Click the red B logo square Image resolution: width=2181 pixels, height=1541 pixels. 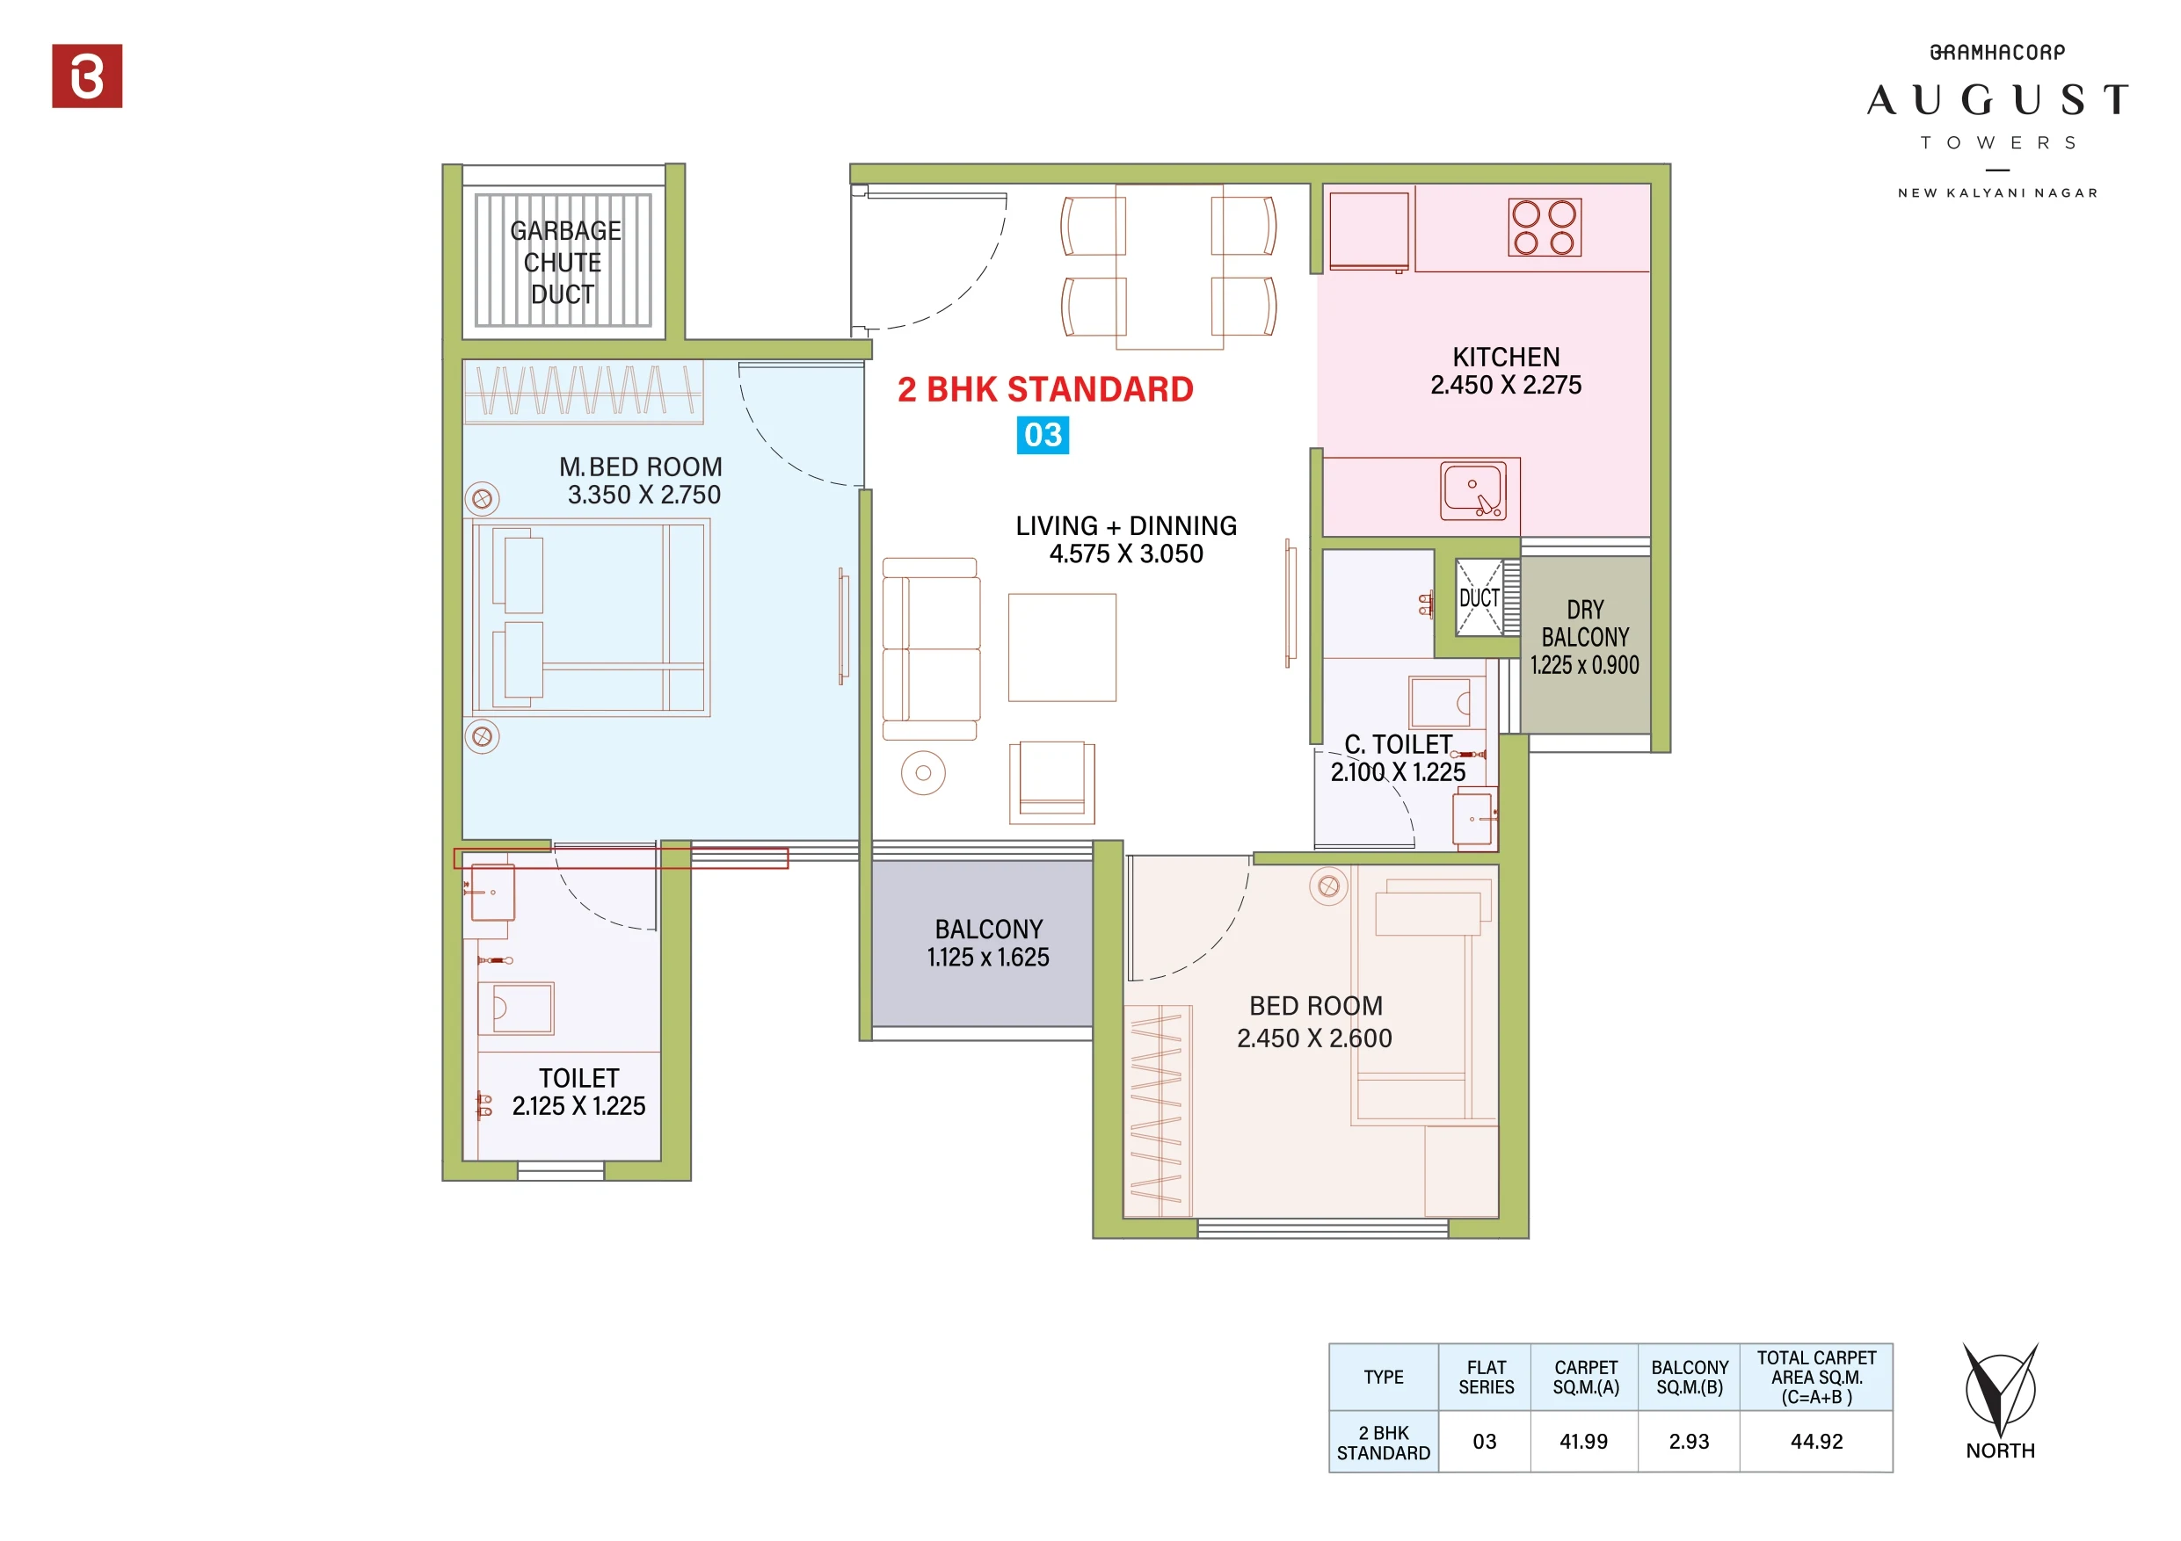(86, 76)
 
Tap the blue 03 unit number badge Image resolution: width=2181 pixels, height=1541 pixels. (1042, 435)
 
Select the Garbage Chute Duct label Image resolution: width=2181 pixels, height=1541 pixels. (564, 262)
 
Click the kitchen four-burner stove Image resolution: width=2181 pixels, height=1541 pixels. (1544, 228)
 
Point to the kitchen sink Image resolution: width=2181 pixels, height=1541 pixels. (1472, 491)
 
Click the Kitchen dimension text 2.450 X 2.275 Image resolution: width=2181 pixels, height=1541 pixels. (1506, 386)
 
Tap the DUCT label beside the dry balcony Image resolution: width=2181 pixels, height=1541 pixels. (1479, 598)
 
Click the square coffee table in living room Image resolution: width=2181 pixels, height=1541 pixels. (1062, 648)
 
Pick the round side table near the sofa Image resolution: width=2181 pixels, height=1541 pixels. (922, 773)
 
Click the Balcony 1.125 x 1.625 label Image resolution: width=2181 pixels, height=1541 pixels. (988, 943)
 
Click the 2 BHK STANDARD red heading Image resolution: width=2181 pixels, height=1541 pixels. (1045, 389)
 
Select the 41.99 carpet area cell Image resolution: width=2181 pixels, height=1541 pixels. (1583, 1442)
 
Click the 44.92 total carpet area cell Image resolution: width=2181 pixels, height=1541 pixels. (1816, 1442)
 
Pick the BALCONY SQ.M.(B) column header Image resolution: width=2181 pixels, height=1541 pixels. (1689, 1377)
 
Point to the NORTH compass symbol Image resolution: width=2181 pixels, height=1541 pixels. (2000, 1392)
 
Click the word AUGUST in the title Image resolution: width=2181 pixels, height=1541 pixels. (1996, 99)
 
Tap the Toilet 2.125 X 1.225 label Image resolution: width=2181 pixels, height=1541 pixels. (578, 1092)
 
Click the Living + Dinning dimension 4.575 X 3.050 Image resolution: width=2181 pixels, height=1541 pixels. (1125, 554)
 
